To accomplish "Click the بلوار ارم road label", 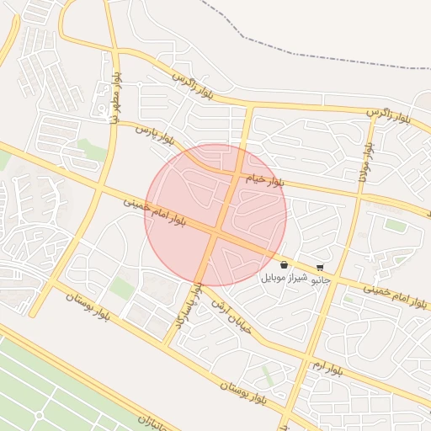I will (x=328, y=368).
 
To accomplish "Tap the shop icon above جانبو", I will (x=319, y=267).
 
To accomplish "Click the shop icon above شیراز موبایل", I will (x=284, y=265).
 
